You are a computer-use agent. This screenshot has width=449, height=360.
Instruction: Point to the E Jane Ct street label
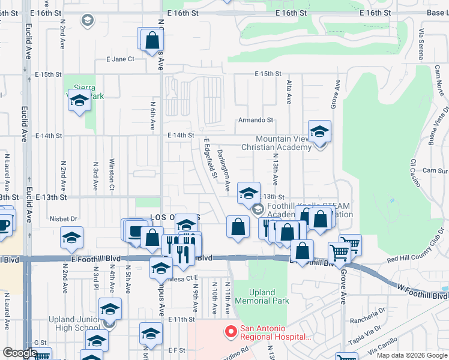[120, 59]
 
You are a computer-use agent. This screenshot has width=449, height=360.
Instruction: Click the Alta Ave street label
[289, 92]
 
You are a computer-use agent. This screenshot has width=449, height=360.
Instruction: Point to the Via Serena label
[422, 44]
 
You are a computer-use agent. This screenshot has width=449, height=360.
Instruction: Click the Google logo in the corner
[20, 353]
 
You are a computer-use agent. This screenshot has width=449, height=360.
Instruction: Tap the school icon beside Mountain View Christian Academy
[320, 133]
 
